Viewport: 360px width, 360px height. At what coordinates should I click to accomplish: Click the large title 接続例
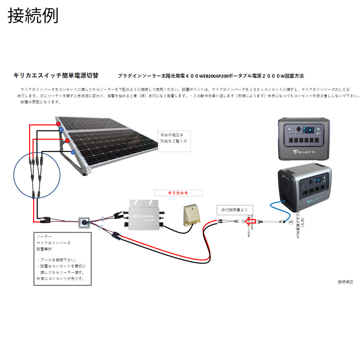point(33,16)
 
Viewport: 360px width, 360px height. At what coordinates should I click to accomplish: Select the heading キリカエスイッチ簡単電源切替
point(55,76)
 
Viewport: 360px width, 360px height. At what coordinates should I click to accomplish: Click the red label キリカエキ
point(178,193)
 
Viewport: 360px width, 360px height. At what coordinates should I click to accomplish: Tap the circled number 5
point(291,222)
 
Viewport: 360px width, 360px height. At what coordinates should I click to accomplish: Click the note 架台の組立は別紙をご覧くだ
point(174,138)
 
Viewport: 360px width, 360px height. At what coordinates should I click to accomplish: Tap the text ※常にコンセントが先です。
point(60,279)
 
